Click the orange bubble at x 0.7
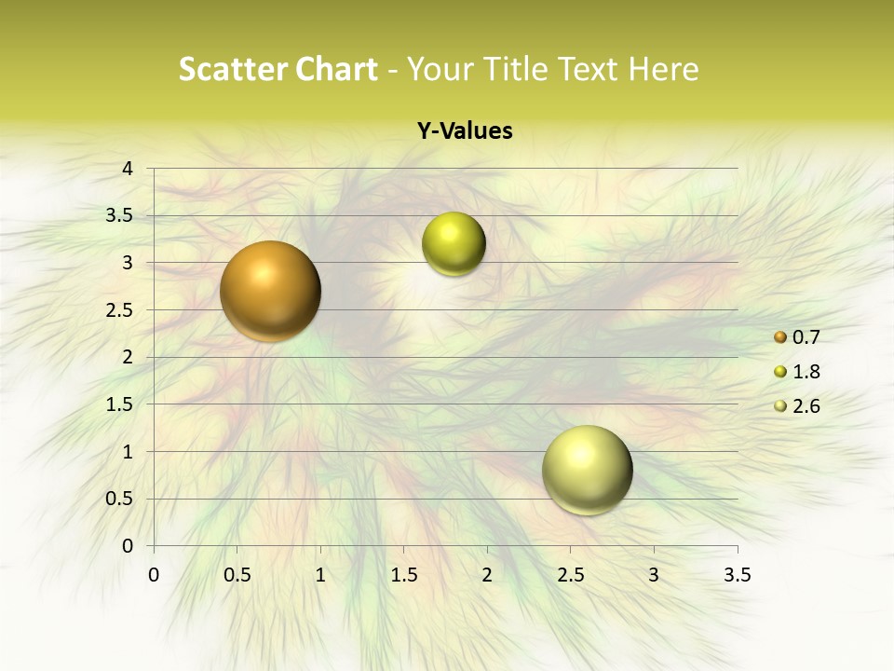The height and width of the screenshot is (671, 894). pos(270,291)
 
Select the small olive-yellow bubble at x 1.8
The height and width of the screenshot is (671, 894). pos(454,244)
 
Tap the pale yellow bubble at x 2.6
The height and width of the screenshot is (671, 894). pos(587,470)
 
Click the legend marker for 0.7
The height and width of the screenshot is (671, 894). pos(780,337)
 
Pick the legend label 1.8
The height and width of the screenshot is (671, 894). pos(806,372)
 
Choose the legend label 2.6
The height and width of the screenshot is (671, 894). pos(806,405)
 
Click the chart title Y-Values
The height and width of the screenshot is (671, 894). pos(464,131)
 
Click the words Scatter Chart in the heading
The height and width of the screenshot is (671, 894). pos(278,69)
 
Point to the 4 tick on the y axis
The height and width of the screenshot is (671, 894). pos(127,169)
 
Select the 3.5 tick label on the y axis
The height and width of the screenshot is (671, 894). pos(120,216)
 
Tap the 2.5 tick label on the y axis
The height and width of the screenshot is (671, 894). pos(120,310)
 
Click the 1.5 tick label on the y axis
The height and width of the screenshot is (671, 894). pos(120,404)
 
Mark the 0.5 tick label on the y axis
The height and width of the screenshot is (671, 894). pos(120,500)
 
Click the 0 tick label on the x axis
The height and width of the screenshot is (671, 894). pos(154,575)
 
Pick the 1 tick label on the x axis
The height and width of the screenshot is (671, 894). pos(320,575)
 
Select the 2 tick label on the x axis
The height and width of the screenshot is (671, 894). pos(487,575)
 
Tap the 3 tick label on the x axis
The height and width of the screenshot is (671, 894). pos(654,575)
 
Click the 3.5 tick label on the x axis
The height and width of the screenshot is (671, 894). pos(737,575)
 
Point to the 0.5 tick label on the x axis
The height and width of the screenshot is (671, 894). pos(237,575)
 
